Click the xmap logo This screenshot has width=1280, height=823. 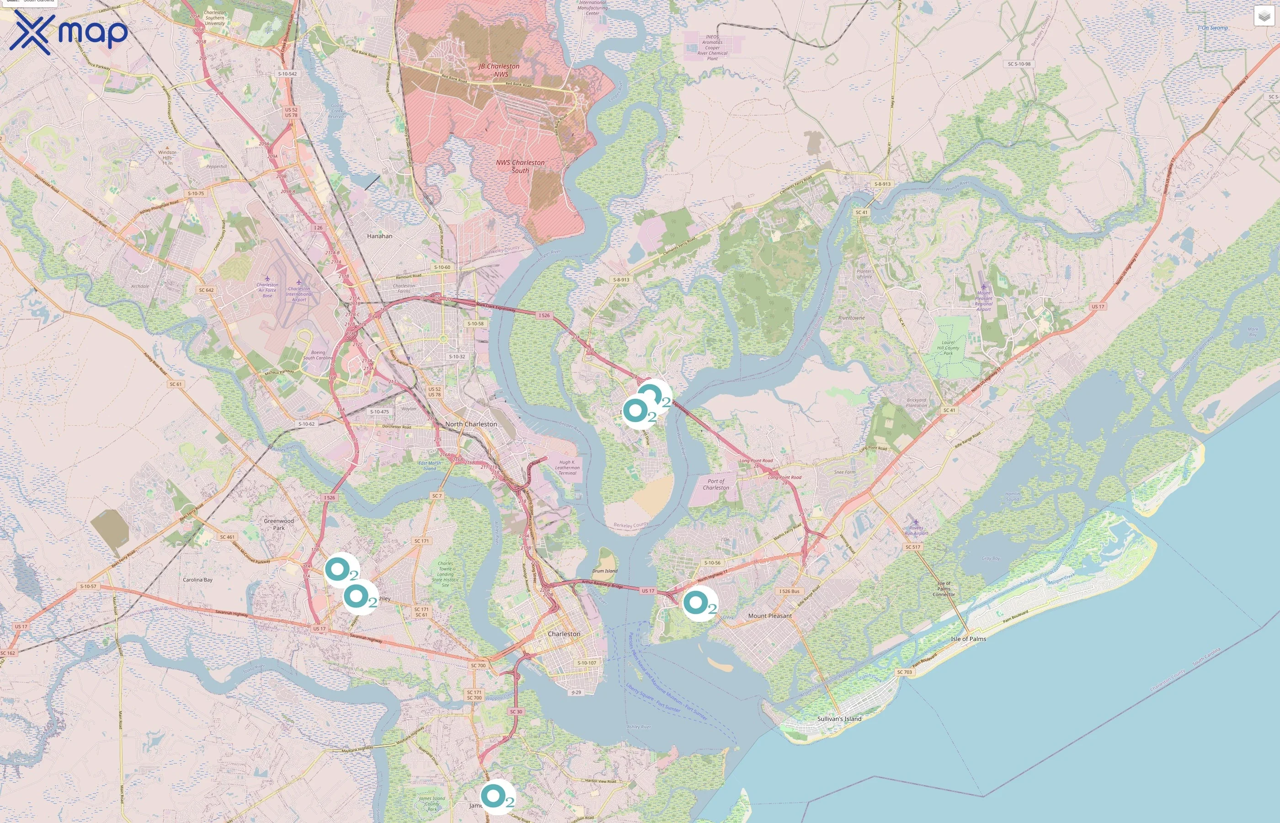pyautogui.click(x=69, y=32)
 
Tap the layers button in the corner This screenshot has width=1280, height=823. pyautogui.click(x=1264, y=16)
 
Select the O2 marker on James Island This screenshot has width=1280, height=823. pyautogui.click(x=497, y=796)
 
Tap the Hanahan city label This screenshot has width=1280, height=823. pyautogui.click(x=379, y=235)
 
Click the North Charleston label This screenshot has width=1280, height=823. pyautogui.click(x=471, y=424)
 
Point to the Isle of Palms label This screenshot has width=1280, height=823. pyautogui.click(x=969, y=639)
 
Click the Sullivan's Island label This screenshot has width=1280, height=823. pyautogui.click(x=839, y=719)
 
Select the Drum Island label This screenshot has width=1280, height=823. pyautogui.click(x=605, y=571)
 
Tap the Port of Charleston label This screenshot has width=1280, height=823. pyautogui.click(x=716, y=484)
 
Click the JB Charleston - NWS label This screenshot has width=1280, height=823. pyautogui.click(x=499, y=70)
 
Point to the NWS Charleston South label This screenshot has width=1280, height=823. pyautogui.click(x=520, y=166)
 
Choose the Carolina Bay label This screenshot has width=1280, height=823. pyautogui.click(x=197, y=580)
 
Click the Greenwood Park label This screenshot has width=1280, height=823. pyautogui.click(x=278, y=524)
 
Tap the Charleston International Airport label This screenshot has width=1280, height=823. pyautogui.click(x=299, y=294)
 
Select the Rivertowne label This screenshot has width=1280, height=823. pyautogui.click(x=851, y=318)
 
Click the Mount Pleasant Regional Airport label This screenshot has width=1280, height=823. pyautogui.click(x=983, y=301)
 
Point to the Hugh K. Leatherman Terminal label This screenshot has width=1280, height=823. pyautogui.click(x=567, y=468)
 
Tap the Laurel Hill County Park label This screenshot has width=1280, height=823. pyautogui.click(x=948, y=348)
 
